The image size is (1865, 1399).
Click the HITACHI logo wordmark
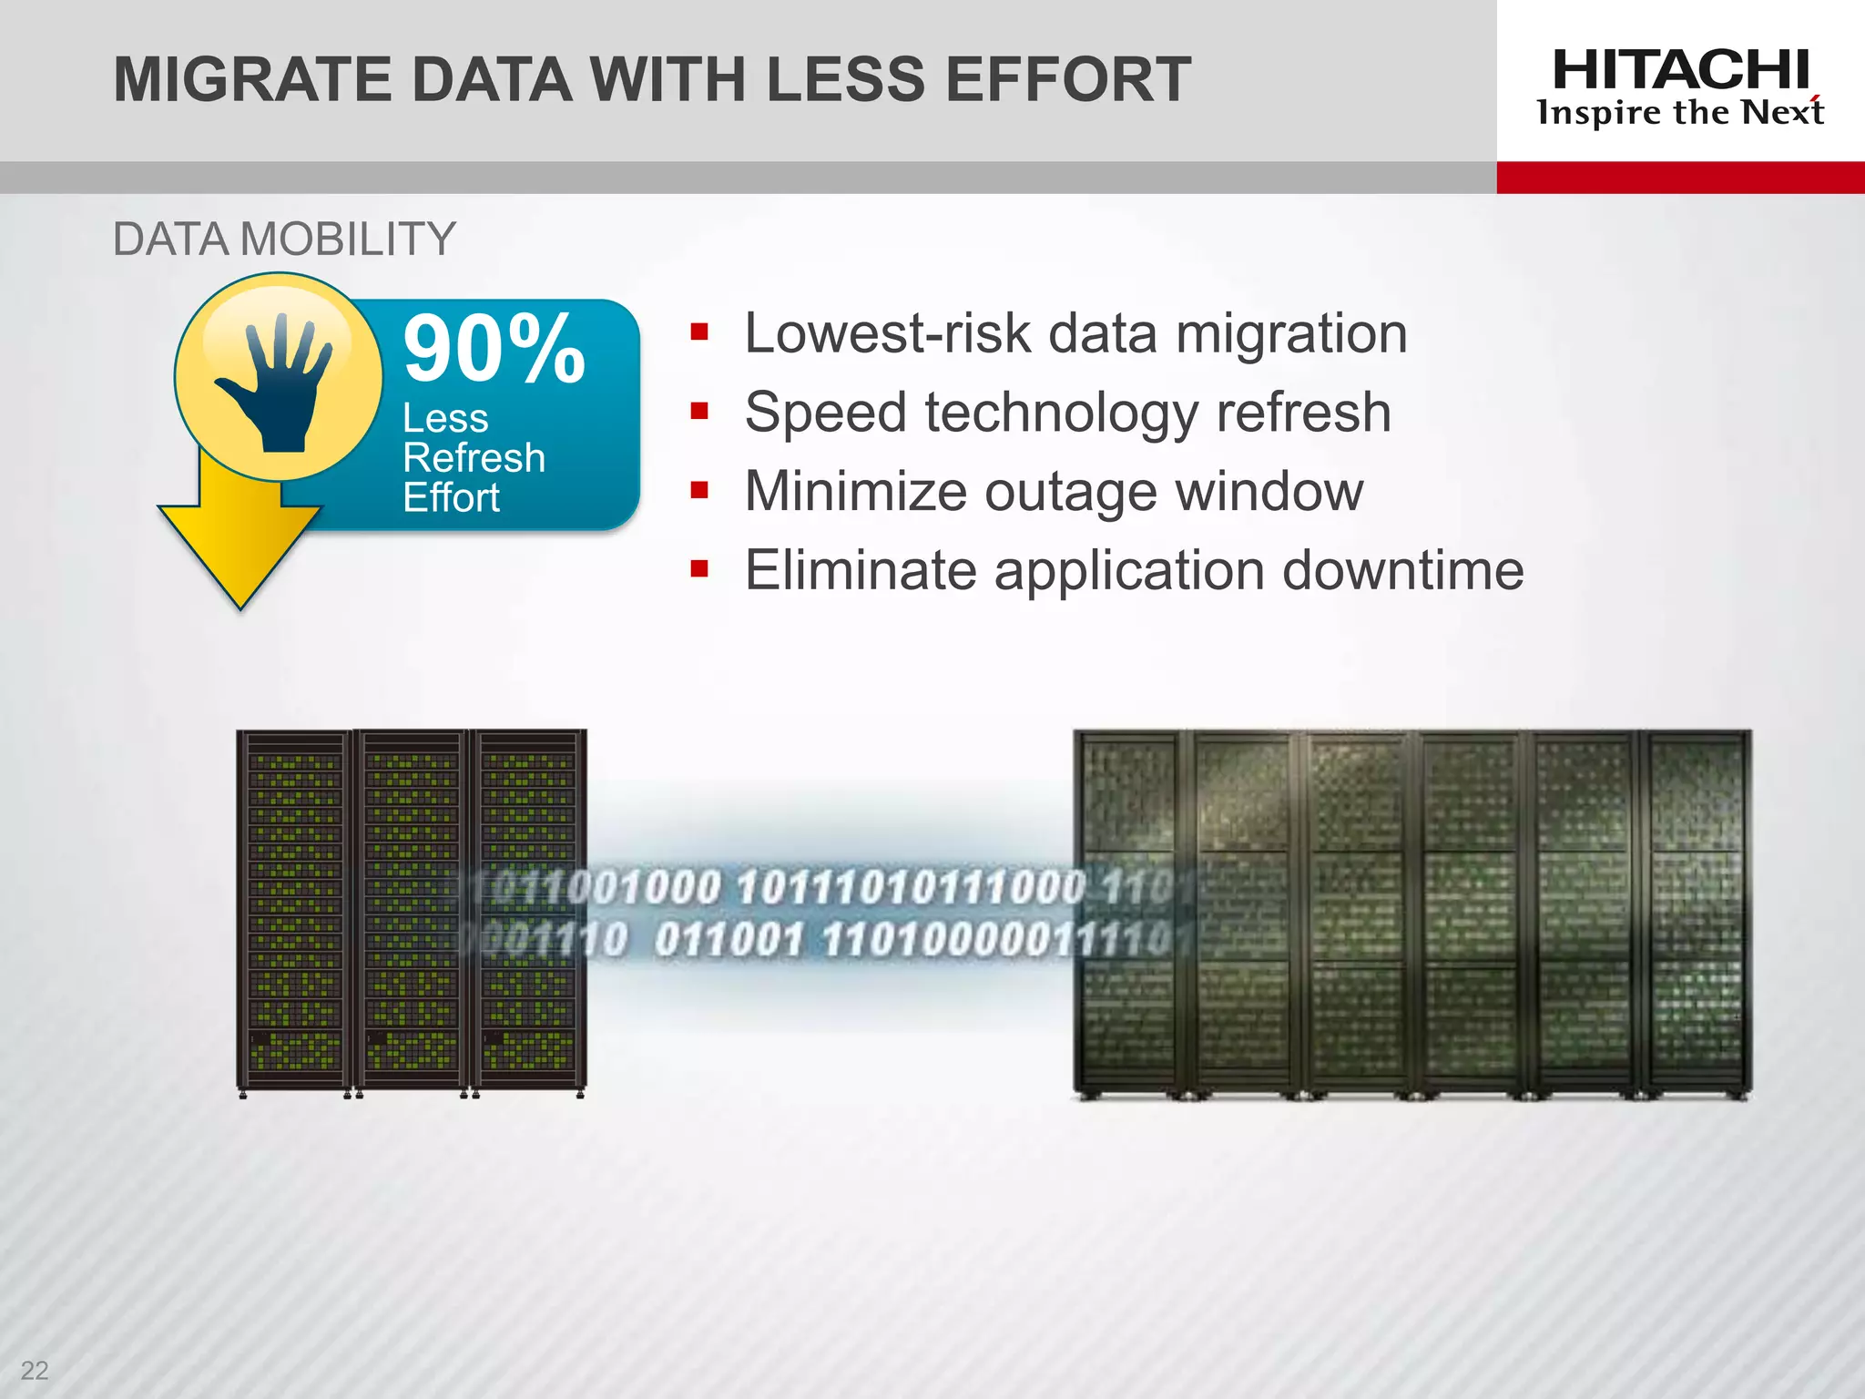(x=1680, y=70)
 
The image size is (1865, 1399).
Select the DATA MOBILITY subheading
(x=283, y=240)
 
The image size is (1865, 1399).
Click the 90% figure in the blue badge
(x=494, y=349)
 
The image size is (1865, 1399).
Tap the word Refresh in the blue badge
(x=474, y=457)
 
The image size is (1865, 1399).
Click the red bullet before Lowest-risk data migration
(x=699, y=332)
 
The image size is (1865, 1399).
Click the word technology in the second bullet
(x=1061, y=413)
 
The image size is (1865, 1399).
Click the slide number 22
(x=35, y=1370)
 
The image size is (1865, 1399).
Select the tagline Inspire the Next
(x=1680, y=113)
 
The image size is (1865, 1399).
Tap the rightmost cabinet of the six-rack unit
(x=1696, y=911)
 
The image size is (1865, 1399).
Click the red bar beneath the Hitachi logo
(x=1680, y=178)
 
